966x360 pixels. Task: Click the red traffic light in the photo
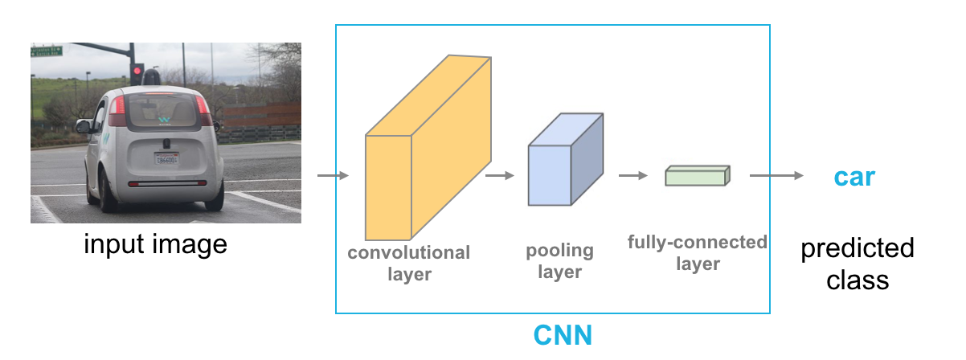(137, 73)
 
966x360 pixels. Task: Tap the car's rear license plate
(167, 159)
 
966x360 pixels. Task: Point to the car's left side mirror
(83, 126)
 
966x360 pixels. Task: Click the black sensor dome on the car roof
(153, 77)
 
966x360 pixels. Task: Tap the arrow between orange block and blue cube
(500, 176)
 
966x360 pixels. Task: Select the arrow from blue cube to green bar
(632, 176)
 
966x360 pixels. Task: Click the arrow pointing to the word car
(776, 176)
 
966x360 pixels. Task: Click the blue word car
(853, 177)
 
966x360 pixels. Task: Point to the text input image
(156, 243)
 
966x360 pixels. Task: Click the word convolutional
(408, 252)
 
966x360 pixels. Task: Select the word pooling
(559, 251)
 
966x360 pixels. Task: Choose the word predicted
(857, 247)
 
